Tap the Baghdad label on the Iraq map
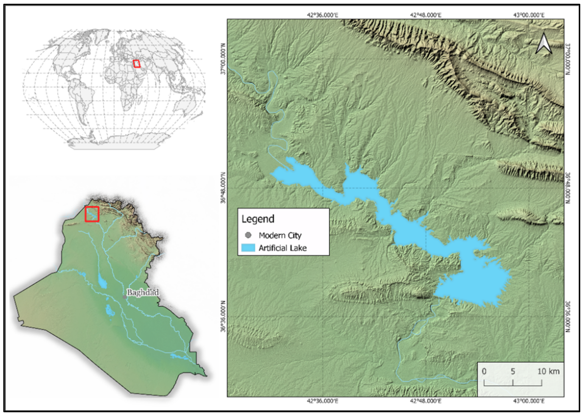click(x=143, y=292)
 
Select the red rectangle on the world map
click(x=137, y=64)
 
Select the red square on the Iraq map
click(x=92, y=214)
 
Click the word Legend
click(x=258, y=219)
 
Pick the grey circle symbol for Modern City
click(x=248, y=235)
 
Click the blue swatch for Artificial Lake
click(x=248, y=248)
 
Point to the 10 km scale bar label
click(x=548, y=371)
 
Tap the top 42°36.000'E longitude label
click(x=322, y=15)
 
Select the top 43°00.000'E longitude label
click(x=529, y=15)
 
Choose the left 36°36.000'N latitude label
click(x=223, y=317)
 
